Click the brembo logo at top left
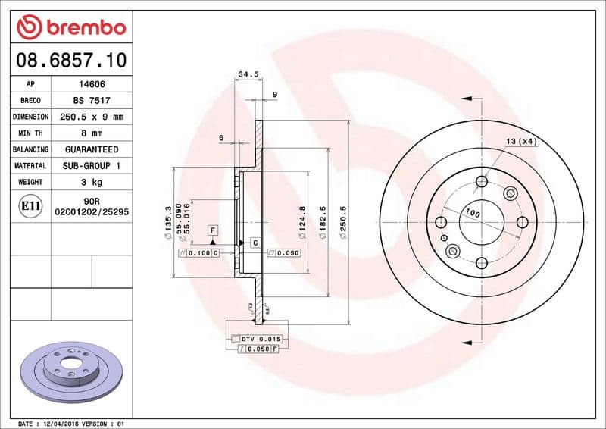pyautogui.click(x=71, y=27)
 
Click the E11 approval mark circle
pyautogui.click(x=31, y=205)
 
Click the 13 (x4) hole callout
pyautogui.click(x=521, y=142)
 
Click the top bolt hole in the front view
pyautogui.click(x=481, y=181)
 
